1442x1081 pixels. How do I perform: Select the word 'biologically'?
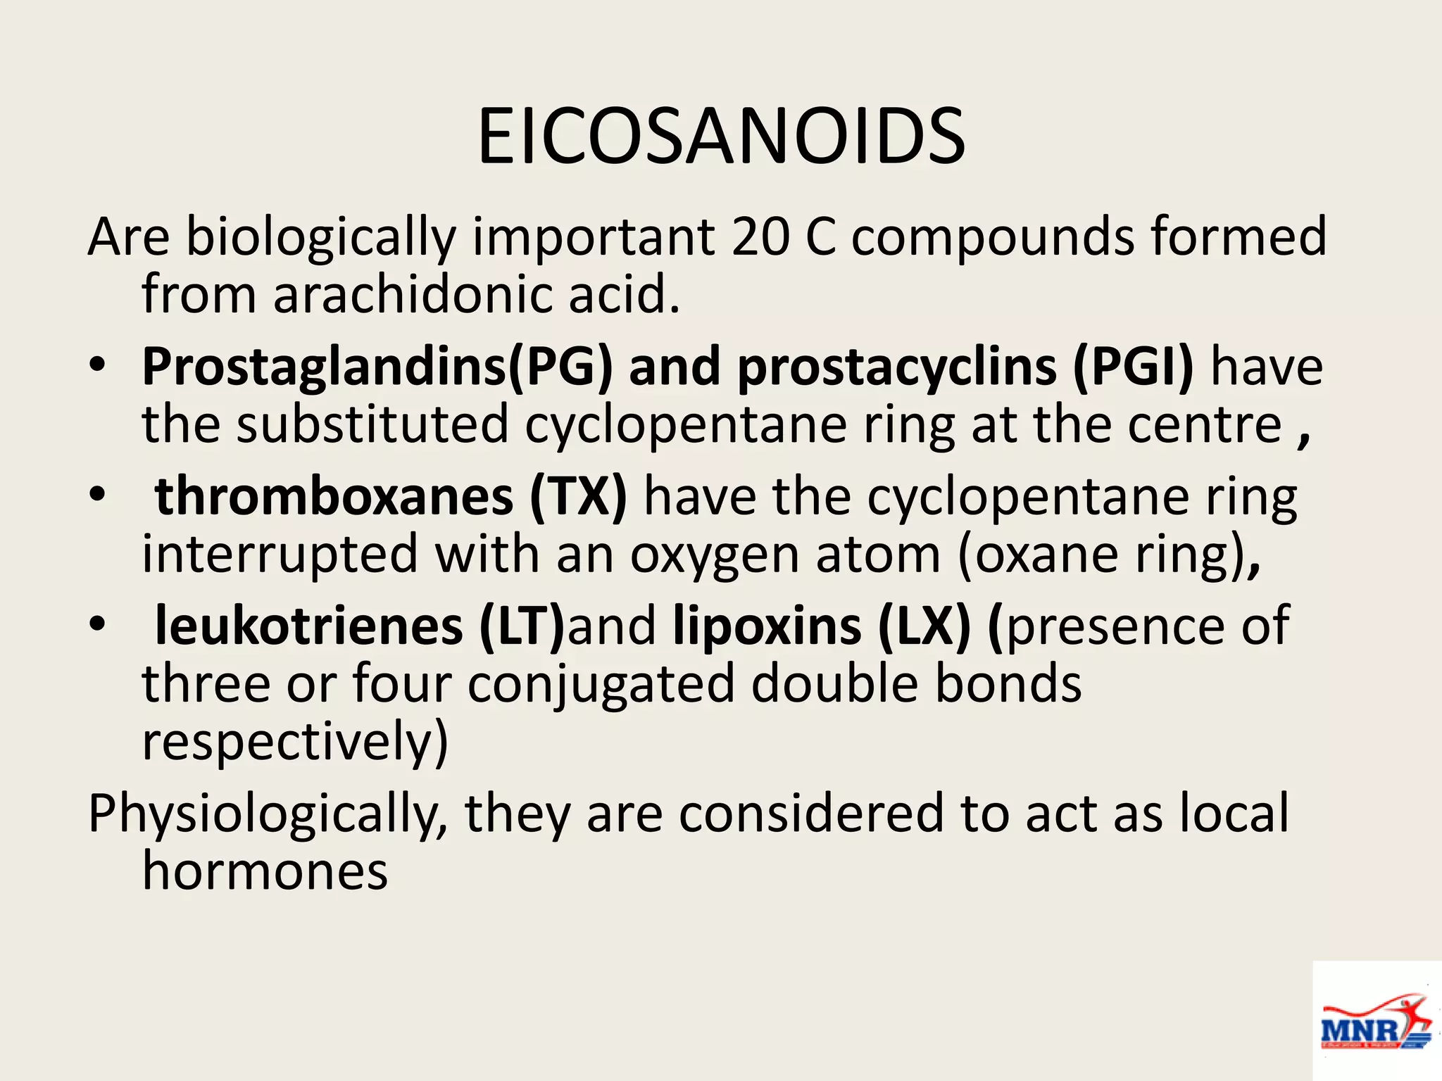tap(320, 238)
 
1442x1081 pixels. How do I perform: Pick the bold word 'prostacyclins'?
tap(896, 367)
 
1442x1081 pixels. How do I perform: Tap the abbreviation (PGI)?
tap(1133, 367)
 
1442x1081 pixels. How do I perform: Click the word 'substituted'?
tap(372, 424)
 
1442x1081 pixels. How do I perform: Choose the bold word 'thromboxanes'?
tap(334, 497)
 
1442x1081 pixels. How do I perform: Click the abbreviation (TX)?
tap(578, 497)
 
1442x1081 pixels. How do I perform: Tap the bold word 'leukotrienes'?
tap(308, 626)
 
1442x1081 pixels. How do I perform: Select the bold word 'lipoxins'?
tap(767, 626)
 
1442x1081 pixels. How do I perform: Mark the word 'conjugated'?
tap(601, 685)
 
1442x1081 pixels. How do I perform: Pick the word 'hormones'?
tap(265, 871)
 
